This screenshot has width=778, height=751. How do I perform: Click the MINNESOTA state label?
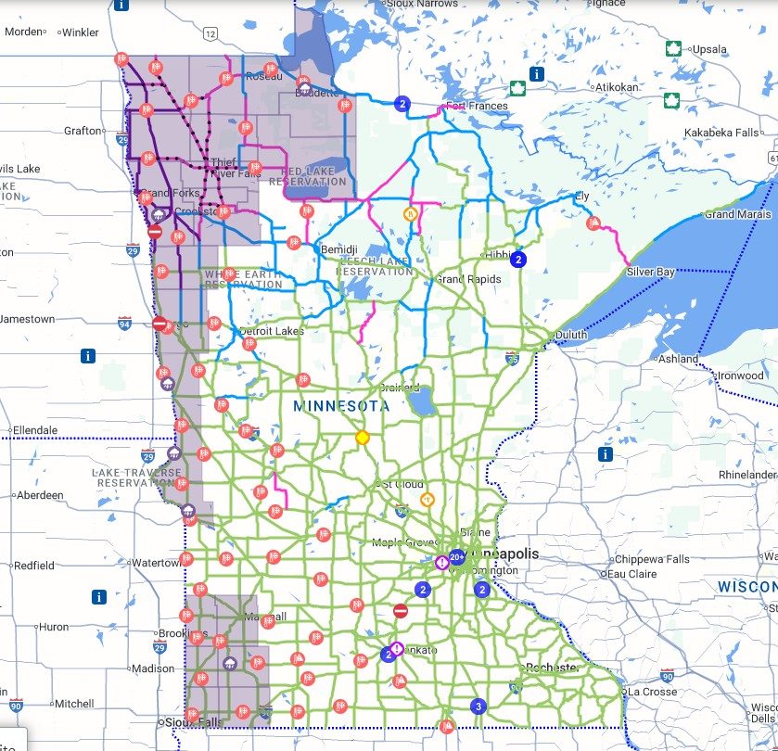tap(341, 406)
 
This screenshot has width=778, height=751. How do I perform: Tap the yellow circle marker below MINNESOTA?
tap(363, 437)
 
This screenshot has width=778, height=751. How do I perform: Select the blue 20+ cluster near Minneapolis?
tap(456, 558)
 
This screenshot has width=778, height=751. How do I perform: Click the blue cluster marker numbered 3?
tap(478, 706)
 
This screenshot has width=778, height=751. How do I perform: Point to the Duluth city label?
tap(572, 335)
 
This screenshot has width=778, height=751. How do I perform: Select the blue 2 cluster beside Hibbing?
tap(519, 260)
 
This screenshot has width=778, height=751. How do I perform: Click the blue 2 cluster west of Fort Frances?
tap(402, 104)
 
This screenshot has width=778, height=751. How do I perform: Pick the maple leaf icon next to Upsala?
tap(674, 48)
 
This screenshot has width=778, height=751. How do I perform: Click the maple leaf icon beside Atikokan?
tap(518, 89)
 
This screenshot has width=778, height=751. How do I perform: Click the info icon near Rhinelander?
tap(606, 454)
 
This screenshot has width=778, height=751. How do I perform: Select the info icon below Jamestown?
tap(89, 355)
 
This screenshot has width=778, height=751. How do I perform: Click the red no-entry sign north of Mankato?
tap(401, 611)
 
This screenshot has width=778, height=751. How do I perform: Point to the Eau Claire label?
tap(636, 573)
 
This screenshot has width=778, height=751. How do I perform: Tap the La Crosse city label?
tap(653, 692)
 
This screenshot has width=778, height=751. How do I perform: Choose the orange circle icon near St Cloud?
tap(427, 500)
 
